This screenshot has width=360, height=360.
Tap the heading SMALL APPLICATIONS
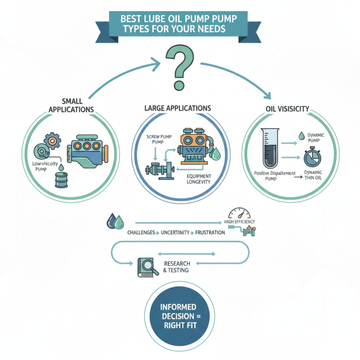click(x=72, y=106)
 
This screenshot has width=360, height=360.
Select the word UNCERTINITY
click(x=173, y=232)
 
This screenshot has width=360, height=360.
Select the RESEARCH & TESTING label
click(x=177, y=266)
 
